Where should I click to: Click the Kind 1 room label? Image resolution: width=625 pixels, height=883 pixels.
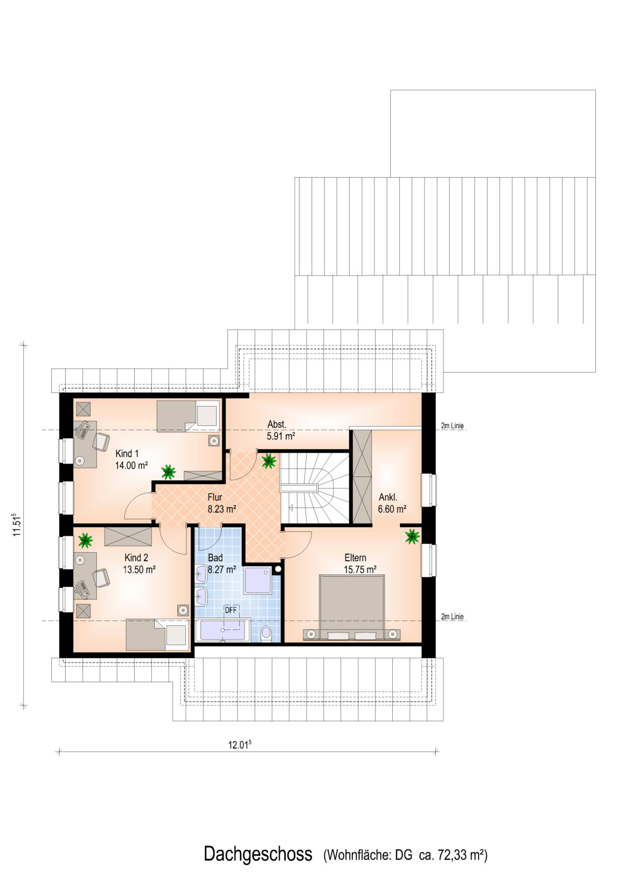click(127, 453)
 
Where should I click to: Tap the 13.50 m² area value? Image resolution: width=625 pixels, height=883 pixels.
click(139, 569)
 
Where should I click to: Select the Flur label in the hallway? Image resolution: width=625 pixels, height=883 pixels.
click(215, 497)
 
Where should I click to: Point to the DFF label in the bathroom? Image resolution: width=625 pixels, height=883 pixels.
click(231, 610)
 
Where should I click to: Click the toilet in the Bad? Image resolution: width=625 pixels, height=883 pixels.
click(267, 633)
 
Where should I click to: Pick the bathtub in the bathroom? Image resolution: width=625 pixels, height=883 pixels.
click(223, 630)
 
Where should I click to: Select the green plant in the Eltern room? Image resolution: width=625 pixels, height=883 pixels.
click(412, 536)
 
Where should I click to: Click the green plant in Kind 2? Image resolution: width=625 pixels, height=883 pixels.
click(85, 540)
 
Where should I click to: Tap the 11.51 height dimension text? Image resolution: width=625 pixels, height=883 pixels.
click(16, 524)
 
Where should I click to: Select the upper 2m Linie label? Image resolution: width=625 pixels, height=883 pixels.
click(452, 426)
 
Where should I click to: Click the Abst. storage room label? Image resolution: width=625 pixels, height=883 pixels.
click(277, 425)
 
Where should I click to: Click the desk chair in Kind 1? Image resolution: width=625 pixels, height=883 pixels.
click(101, 441)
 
